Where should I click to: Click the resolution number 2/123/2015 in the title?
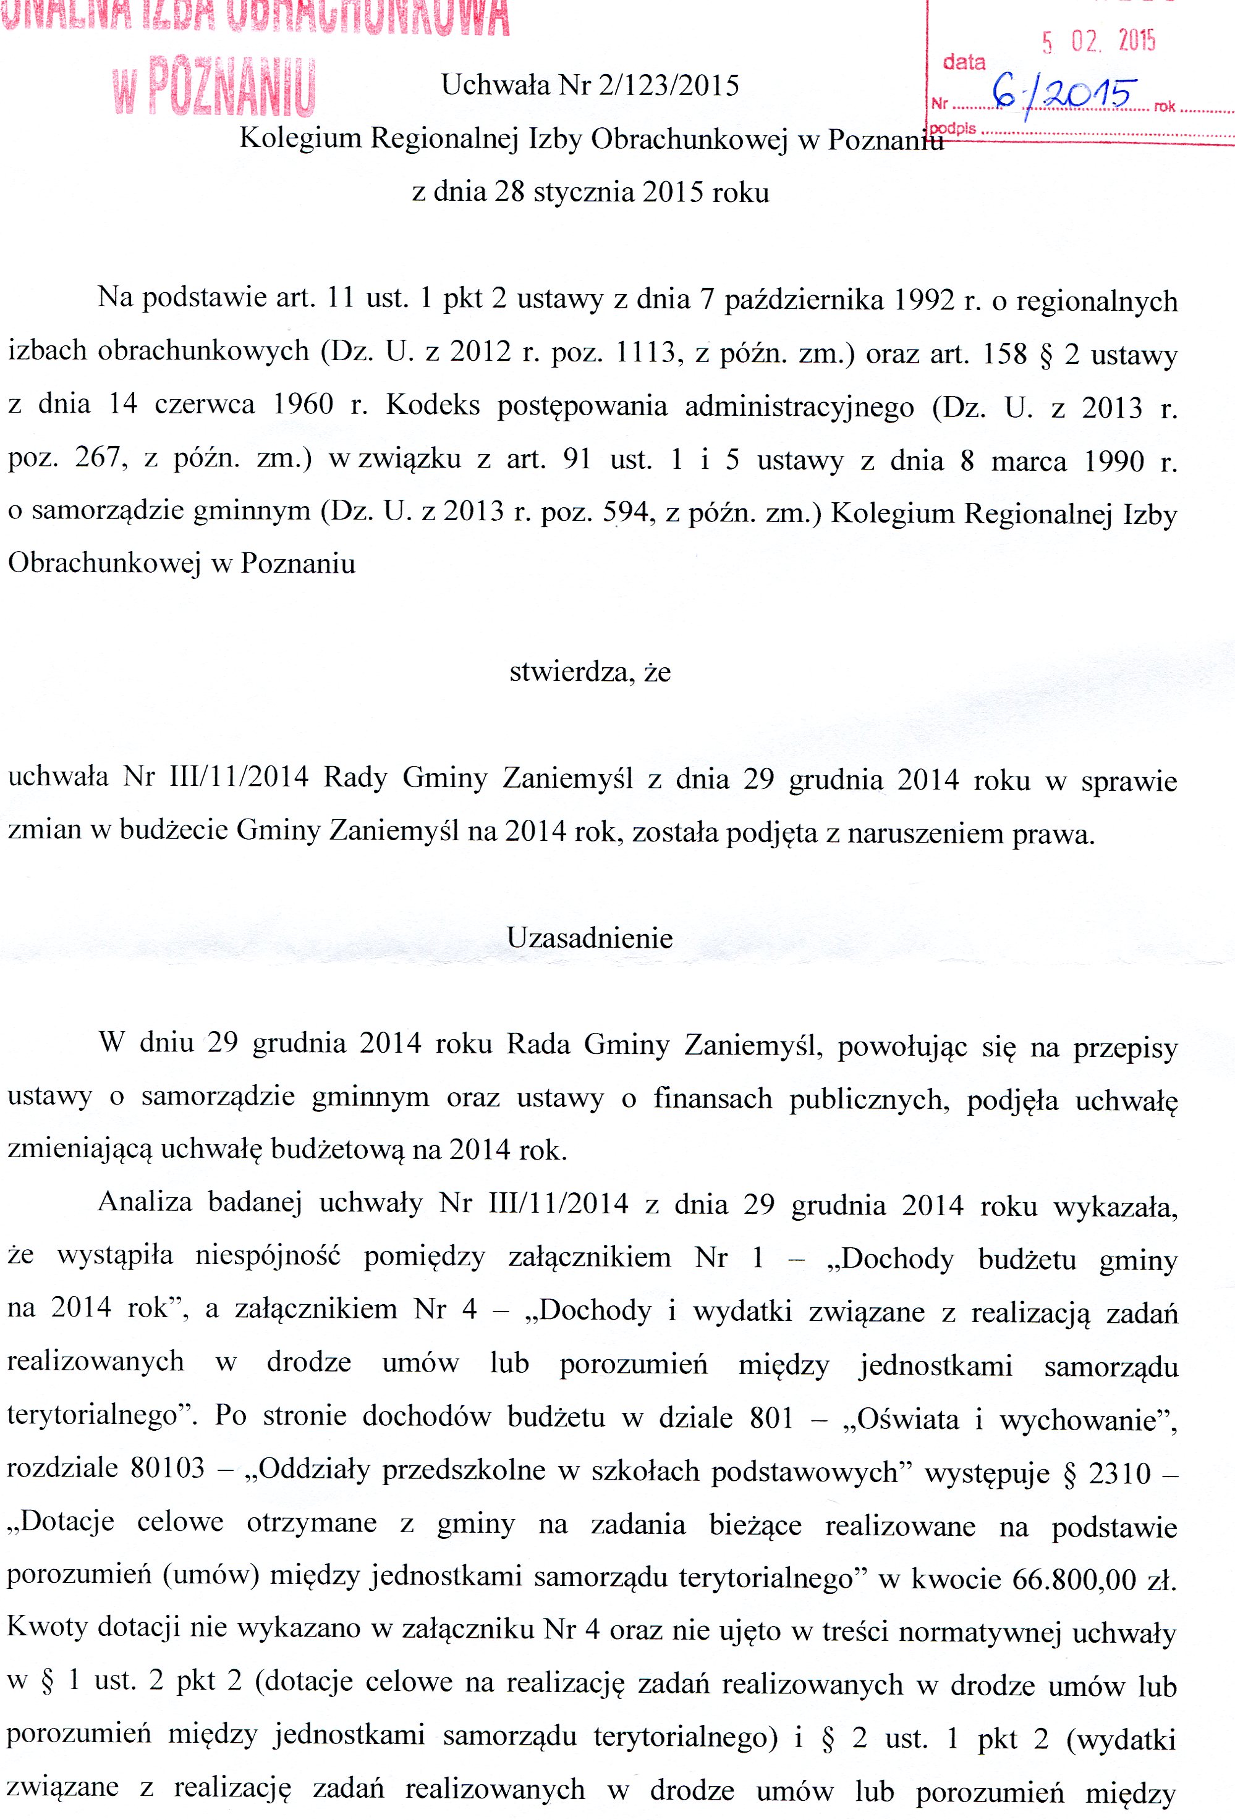668,85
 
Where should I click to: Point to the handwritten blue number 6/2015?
1062,96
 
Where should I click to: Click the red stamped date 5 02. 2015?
1098,41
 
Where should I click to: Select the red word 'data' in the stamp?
964,62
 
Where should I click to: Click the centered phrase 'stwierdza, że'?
590,672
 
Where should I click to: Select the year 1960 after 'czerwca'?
303,405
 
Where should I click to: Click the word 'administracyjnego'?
799,407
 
